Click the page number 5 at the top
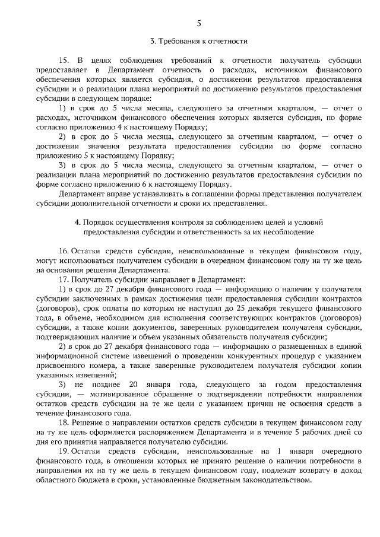click(x=199, y=23)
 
